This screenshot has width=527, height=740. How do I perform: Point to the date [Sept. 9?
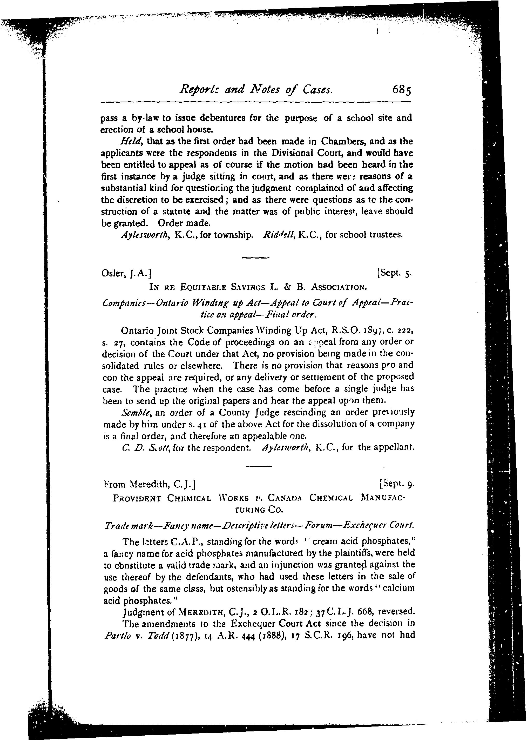click(397, 485)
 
